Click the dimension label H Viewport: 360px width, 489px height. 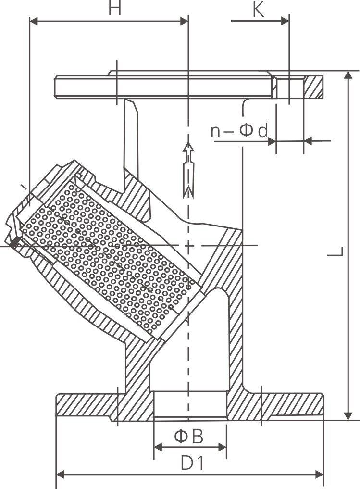tap(114, 9)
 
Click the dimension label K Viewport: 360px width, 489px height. tap(258, 10)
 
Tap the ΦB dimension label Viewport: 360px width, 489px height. tap(189, 437)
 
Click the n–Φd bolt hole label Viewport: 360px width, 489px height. tap(239, 131)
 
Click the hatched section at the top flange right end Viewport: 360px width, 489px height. tap(314, 87)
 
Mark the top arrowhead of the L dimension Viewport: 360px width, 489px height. tap(348, 75)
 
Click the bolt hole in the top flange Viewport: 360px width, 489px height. tap(289, 87)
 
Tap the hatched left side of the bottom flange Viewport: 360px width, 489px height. tap(87, 405)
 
